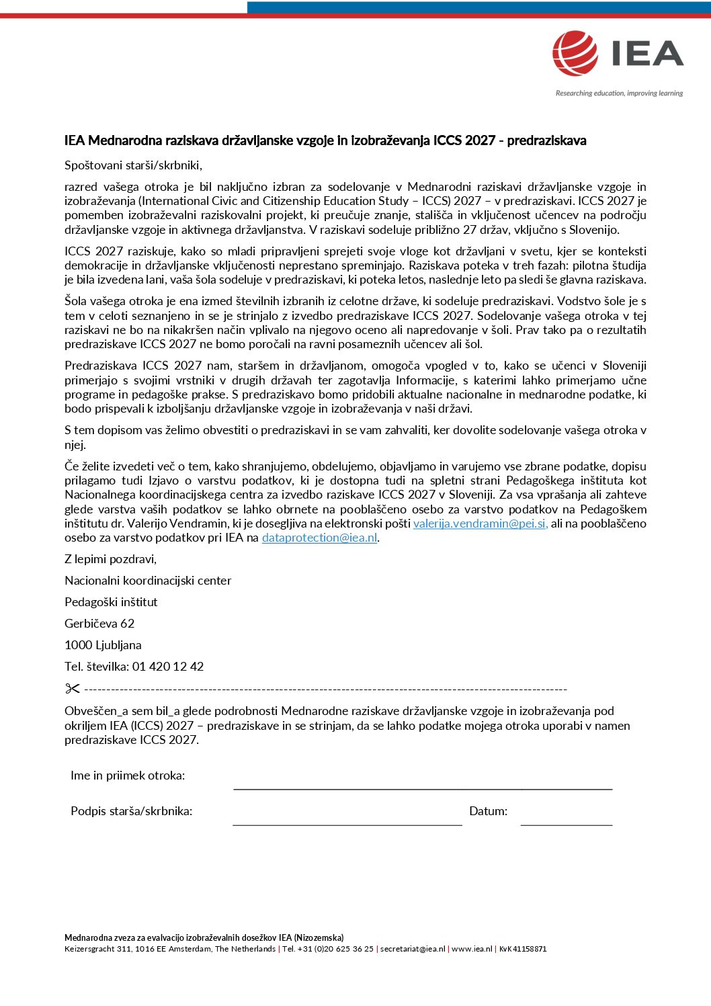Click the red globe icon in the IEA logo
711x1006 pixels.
click(575, 53)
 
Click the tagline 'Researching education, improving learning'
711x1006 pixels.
click(619, 93)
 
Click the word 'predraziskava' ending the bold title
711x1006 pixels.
click(546, 140)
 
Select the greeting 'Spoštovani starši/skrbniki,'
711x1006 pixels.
click(133, 165)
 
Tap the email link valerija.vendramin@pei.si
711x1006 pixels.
click(480, 523)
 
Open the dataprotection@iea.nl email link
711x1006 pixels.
click(319, 538)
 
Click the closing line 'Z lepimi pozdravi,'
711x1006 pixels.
click(110, 559)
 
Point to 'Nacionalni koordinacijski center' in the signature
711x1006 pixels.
click(148, 581)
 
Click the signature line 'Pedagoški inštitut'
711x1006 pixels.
click(111, 602)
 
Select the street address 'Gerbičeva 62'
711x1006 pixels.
click(99, 624)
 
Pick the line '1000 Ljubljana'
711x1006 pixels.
click(103, 645)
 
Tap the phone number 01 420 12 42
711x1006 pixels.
click(168, 667)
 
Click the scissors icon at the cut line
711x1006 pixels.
click(73, 689)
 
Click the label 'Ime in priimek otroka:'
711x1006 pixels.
click(128, 776)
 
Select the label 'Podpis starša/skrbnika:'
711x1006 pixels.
click(131, 811)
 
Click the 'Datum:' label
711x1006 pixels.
click(489, 811)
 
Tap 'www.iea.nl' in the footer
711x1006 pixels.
click(472, 949)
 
